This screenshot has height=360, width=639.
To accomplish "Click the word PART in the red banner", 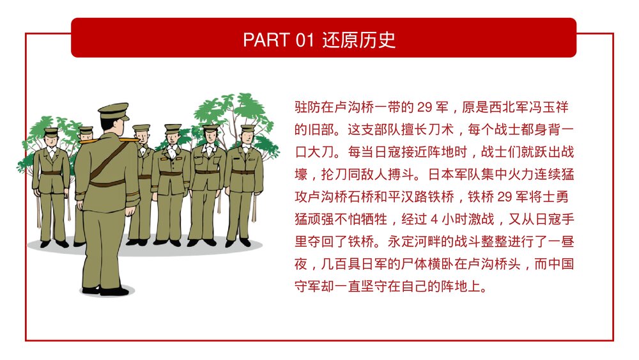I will coord(267,40).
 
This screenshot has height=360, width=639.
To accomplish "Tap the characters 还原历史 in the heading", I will coord(358,40).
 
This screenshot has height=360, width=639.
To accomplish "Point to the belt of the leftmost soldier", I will coord(51,173).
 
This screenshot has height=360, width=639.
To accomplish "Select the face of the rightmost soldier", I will coord(247,138).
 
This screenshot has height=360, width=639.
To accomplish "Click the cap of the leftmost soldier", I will coord(51,131).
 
